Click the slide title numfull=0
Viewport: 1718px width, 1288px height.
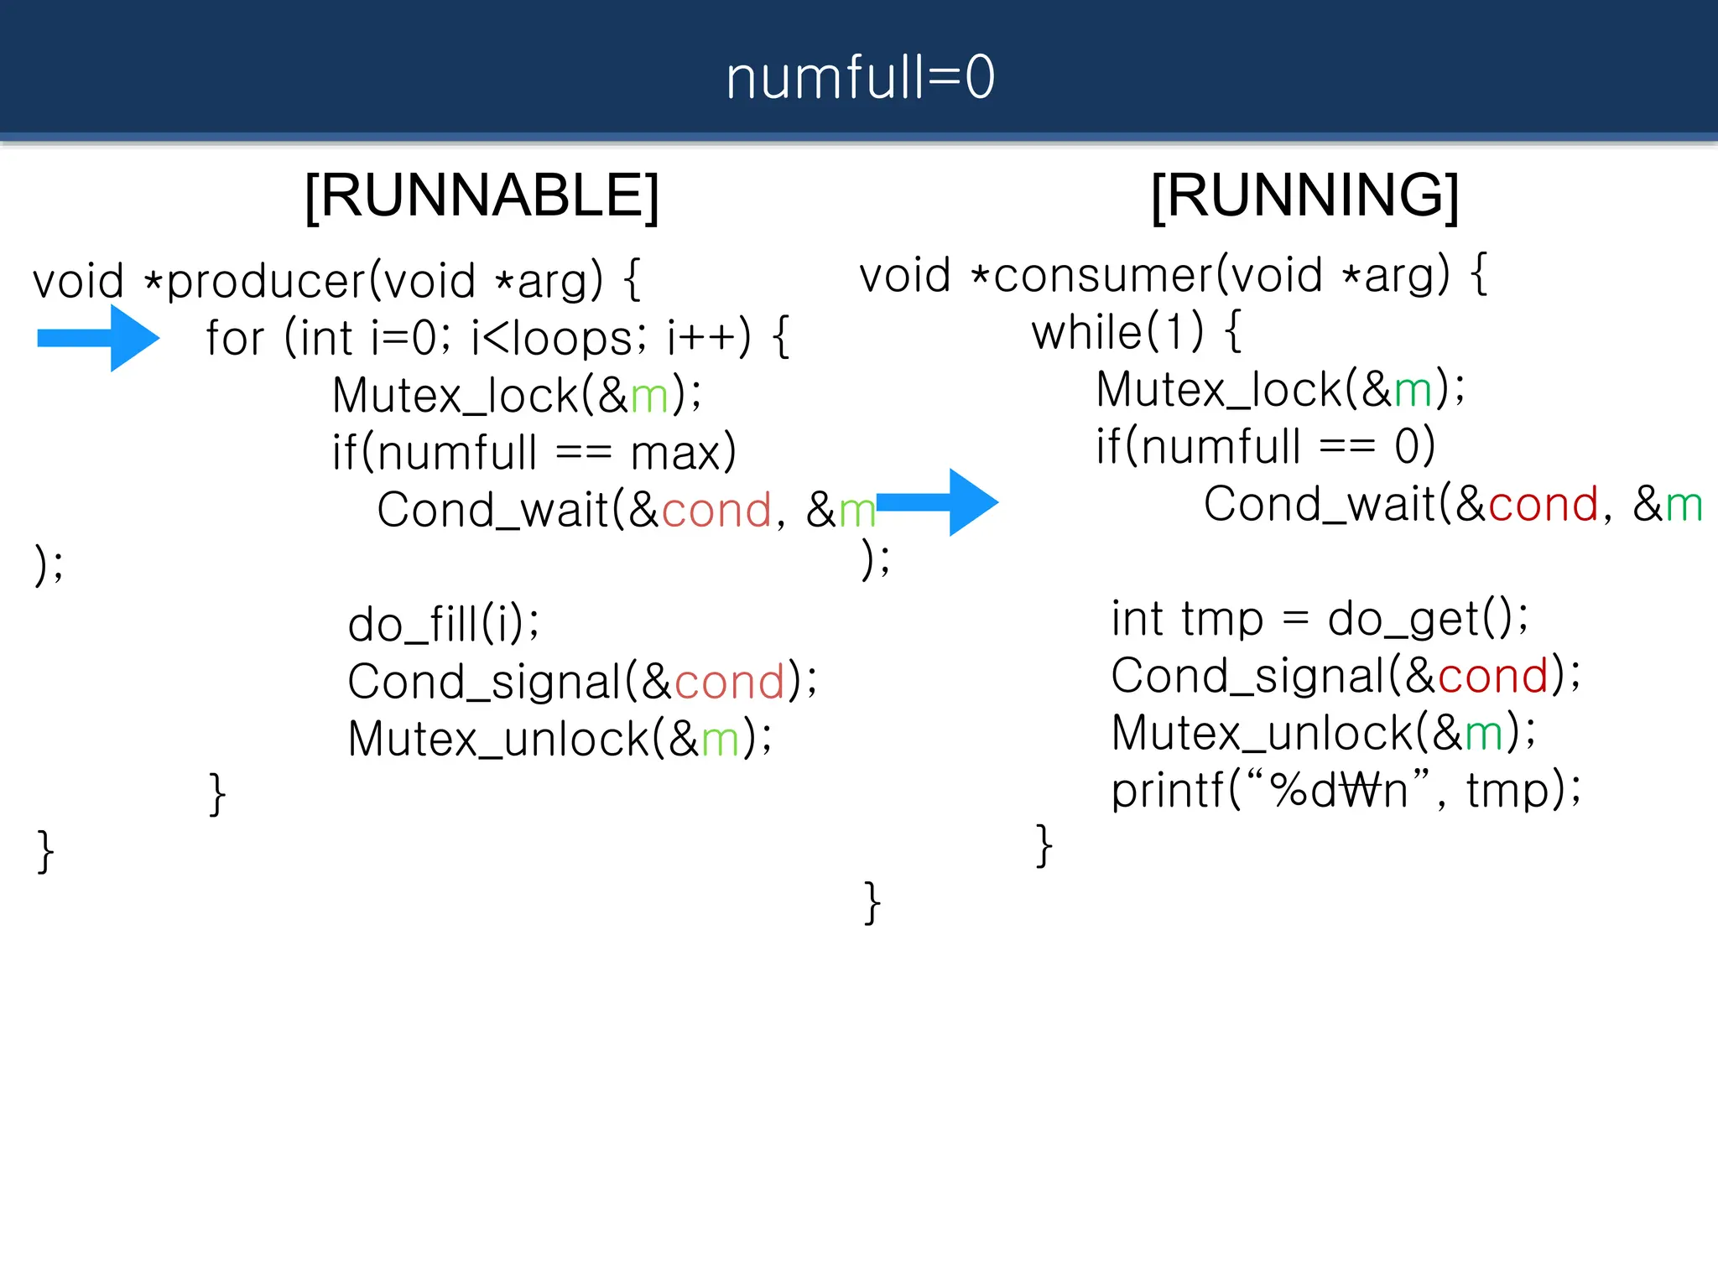[x=859, y=78]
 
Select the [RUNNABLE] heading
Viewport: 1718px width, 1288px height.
[x=482, y=196]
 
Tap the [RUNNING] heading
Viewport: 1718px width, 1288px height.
[x=1304, y=196]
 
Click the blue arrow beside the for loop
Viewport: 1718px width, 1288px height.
[x=99, y=338]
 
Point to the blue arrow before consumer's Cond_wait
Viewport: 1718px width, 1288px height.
[x=938, y=502]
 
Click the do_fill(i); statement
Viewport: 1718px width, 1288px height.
[x=443, y=625]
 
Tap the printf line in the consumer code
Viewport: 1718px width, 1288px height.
[x=1345, y=790]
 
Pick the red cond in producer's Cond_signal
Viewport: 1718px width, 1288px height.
[x=728, y=682]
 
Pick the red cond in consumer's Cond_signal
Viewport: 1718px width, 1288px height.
[x=1492, y=676]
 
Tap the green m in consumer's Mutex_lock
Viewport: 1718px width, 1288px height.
[x=1412, y=391]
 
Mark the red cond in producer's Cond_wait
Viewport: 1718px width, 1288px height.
[x=716, y=511]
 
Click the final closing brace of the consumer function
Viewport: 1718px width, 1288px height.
[x=872, y=904]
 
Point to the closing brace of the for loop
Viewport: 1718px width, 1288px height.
[x=217, y=794]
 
